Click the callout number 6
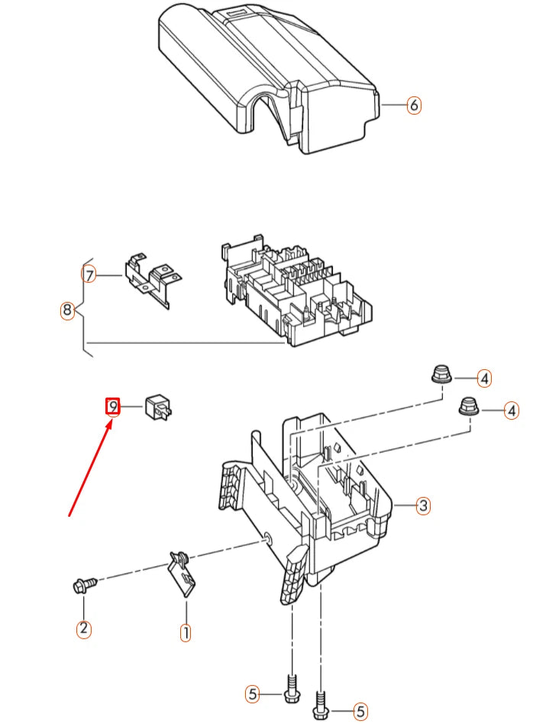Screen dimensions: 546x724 (x=414, y=106)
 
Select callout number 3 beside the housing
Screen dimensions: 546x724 (x=423, y=505)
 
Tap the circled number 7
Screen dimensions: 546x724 (x=89, y=276)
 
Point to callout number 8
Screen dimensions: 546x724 (x=67, y=310)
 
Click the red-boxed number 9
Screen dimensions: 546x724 (x=113, y=406)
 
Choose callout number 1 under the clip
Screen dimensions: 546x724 (x=185, y=632)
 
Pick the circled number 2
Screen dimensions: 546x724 (x=83, y=628)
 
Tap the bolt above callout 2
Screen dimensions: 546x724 (x=86, y=585)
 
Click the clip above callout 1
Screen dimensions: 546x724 (x=183, y=573)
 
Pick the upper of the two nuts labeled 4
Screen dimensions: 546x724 (x=443, y=374)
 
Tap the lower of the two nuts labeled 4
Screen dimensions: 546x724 (x=469, y=405)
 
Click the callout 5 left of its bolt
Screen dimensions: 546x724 (x=252, y=693)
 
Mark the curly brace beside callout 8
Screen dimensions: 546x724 (x=85, y=307)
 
